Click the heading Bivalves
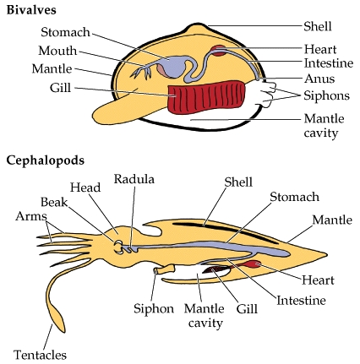31,10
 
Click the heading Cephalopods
45,160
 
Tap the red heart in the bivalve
218,51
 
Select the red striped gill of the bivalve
206,97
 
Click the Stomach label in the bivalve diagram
65,32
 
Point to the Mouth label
57,51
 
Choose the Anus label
319,79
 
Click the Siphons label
327,95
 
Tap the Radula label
134,179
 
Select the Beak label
54,202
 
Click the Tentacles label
40,355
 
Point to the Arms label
31,216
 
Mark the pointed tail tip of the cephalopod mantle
327,255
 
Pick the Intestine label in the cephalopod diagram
301,301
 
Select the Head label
85,187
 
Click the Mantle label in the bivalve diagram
52,68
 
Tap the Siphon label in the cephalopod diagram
154,308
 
